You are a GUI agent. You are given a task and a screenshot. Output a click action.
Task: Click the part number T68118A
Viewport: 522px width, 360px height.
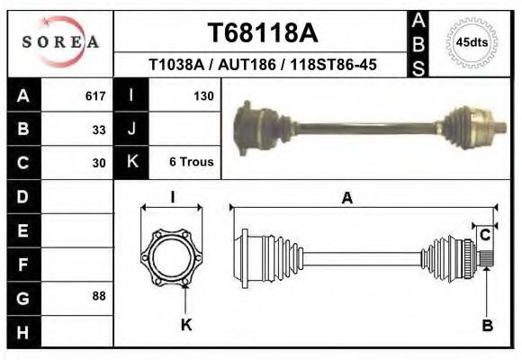pos(262,33)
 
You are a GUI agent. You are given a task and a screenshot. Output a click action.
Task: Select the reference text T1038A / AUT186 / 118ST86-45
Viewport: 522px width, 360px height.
pos(262,66)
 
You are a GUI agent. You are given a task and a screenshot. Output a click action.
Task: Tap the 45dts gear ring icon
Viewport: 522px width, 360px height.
pos(472,42)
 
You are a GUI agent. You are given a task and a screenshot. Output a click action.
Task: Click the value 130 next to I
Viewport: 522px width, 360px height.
pos(202,95)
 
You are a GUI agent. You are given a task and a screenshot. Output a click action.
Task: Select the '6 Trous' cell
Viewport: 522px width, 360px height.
pos(191,163)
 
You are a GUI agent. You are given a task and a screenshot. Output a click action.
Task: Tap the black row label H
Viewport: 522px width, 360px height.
pos(22,331)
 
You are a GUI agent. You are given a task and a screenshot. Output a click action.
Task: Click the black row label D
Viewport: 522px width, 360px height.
pos(22,196)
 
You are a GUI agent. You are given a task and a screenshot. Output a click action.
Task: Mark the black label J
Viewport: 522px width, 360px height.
pos(131,129)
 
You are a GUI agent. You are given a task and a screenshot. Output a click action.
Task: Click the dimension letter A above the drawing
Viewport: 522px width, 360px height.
pos(346,199)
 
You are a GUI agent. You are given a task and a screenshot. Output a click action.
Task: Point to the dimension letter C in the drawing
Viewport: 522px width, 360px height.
pos(485,236)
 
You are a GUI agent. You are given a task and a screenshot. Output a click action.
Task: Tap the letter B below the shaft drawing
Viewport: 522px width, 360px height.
pos(487,326)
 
